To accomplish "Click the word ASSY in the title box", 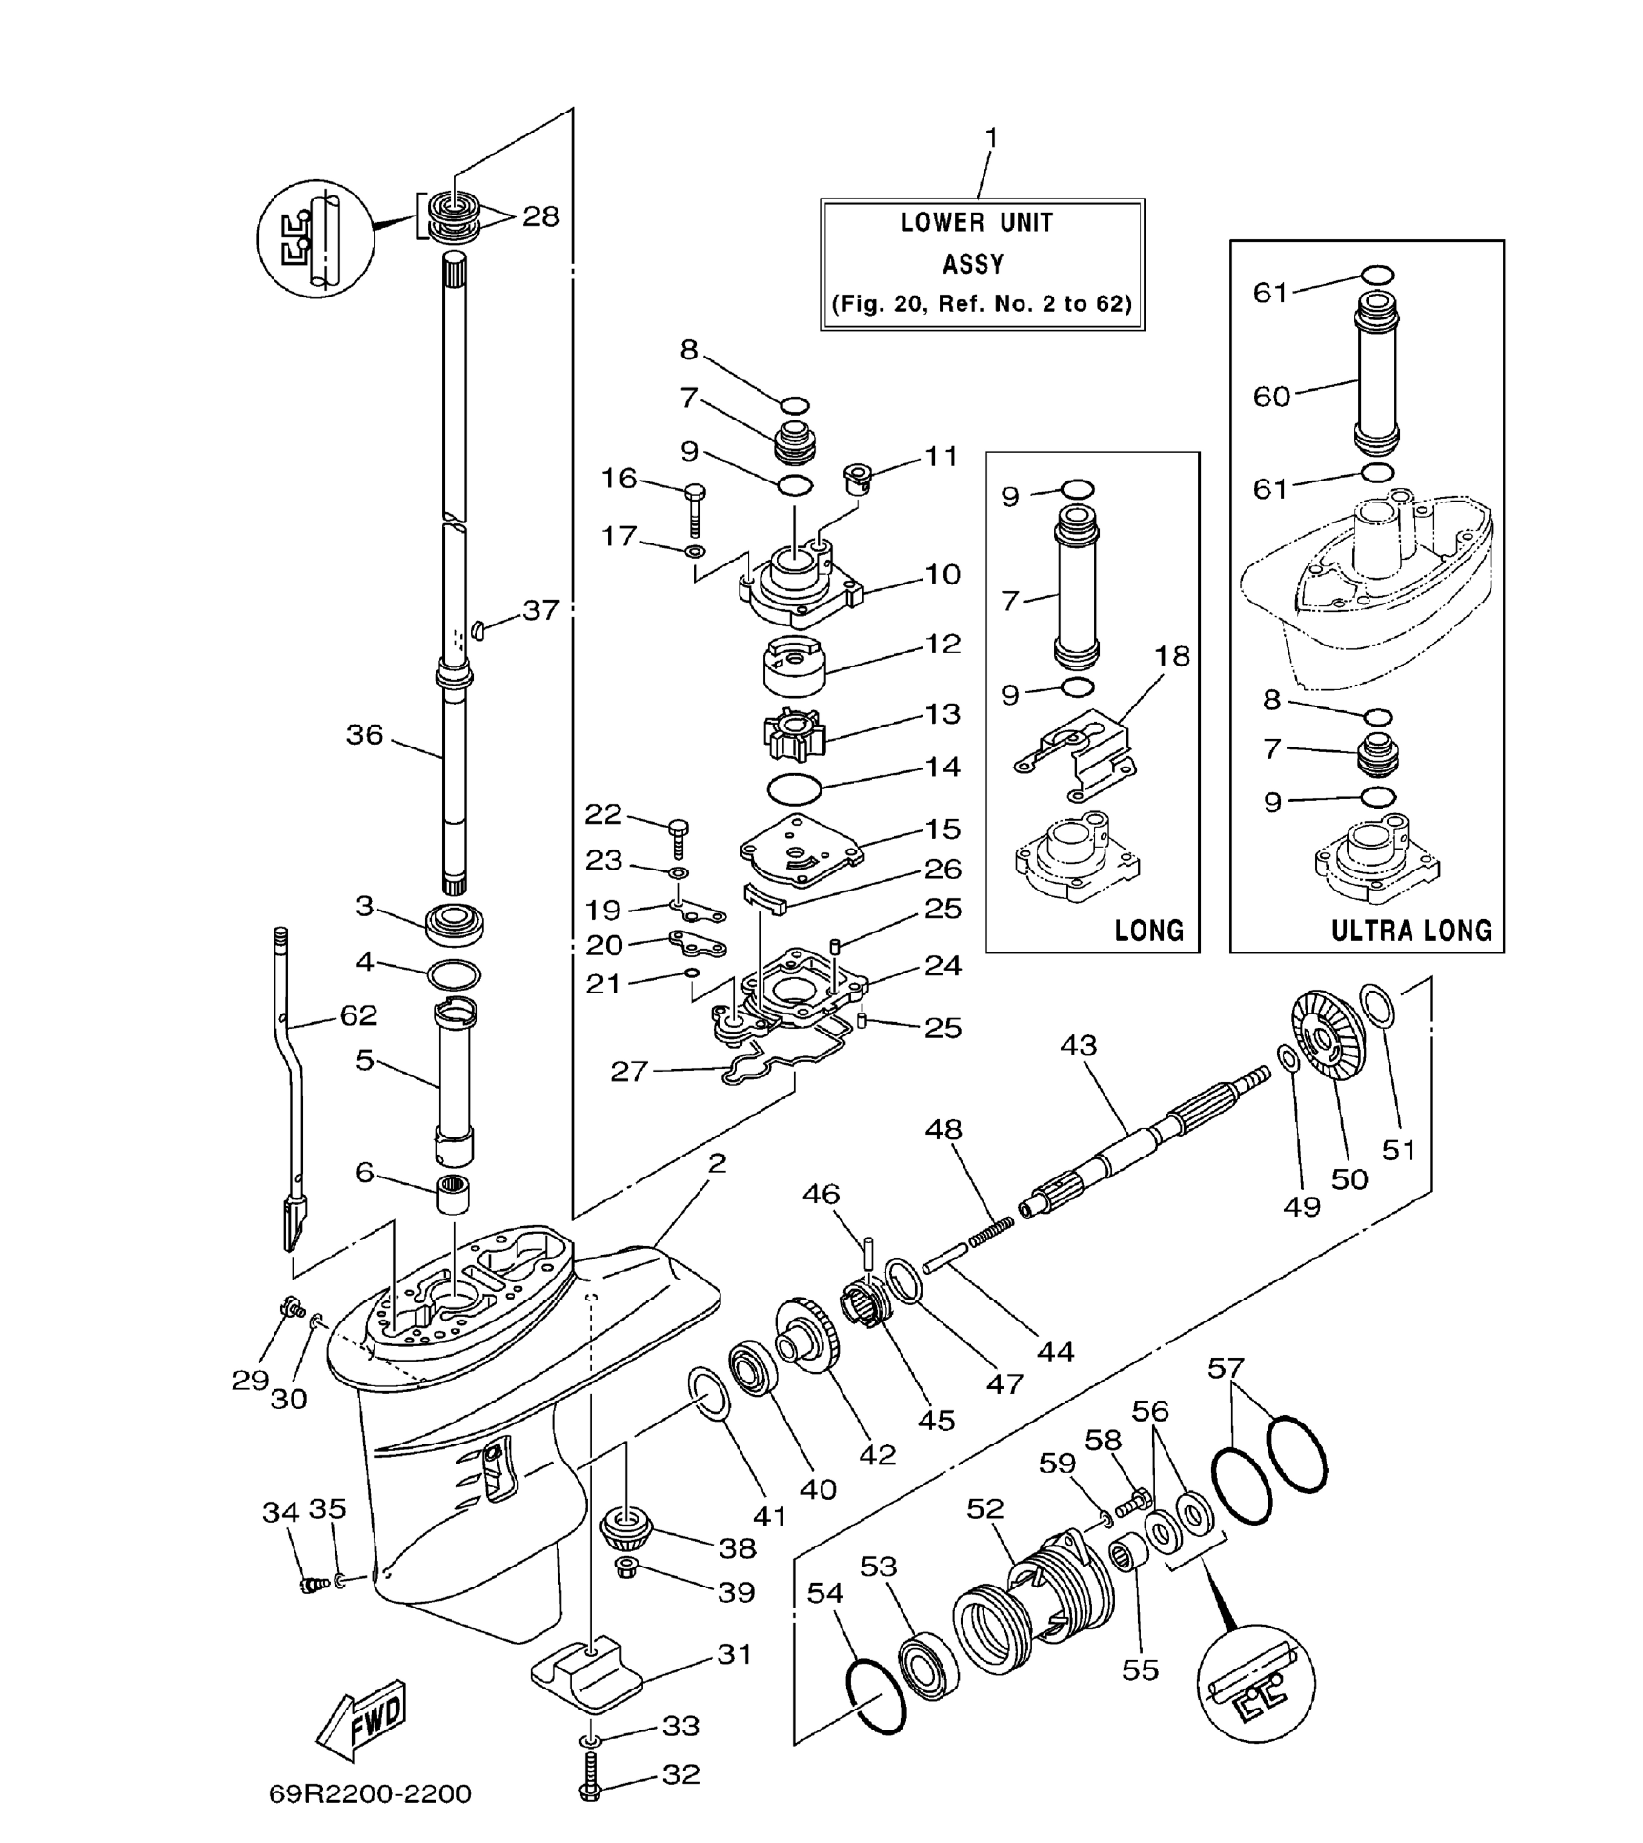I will (973, 264).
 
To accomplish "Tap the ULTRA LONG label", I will (1411, 931).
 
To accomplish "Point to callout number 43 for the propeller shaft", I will (1079, 1045).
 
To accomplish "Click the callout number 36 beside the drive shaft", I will (364, 734).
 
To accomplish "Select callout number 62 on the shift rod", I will (358, 1014).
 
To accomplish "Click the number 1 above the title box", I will (991, 139).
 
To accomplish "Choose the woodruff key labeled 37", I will (479, 629).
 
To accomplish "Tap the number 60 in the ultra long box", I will (1272, 396).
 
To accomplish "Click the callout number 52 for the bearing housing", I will (985, 1508).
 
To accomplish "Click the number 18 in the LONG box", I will (1172, 656).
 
